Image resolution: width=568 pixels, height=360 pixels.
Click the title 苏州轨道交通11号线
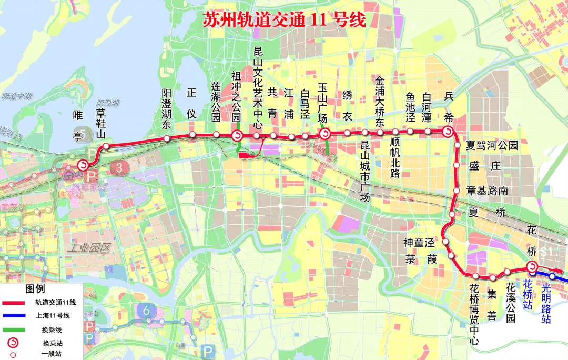pos(284,20)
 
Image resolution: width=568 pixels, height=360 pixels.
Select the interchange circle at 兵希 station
pos(448,131)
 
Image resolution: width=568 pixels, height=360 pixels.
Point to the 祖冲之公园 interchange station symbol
pos(237,136)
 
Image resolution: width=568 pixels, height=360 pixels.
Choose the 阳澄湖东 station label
pos(167,109)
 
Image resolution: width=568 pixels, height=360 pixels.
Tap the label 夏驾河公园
pos(492,145)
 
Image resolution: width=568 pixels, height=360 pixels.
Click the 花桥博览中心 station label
pos(474,315)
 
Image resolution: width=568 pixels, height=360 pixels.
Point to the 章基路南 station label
pos(487,191)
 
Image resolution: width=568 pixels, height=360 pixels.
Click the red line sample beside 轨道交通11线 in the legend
pos(14,303)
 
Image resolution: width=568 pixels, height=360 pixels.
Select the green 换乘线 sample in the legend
pos(14,330)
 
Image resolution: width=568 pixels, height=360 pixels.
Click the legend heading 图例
pos(35,290)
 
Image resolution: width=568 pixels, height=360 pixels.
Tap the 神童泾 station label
pos(419,243)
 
